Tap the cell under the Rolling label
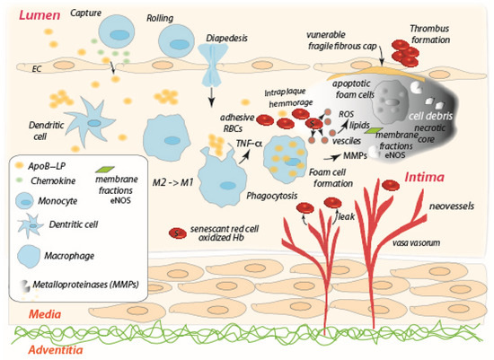[x=175, y=40]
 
